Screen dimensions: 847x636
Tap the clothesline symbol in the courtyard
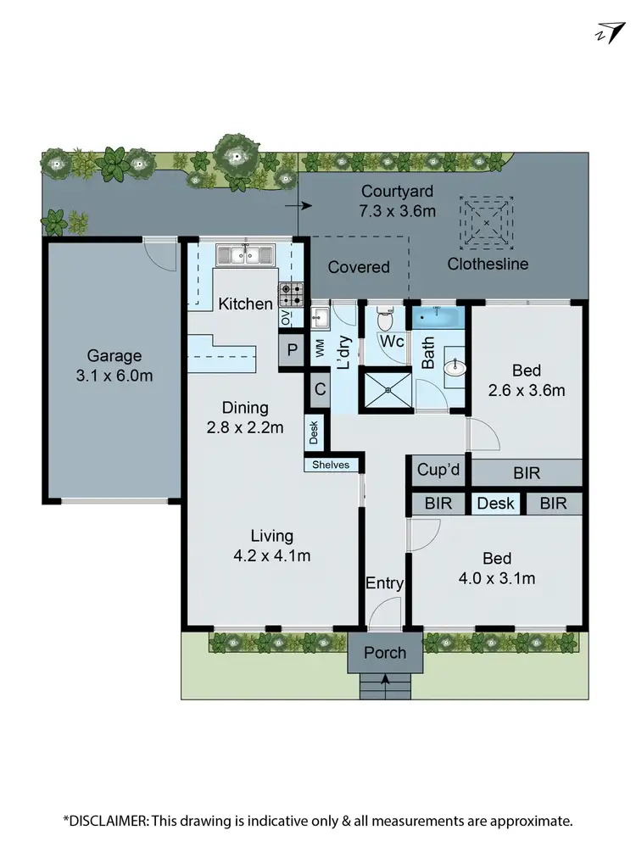486,222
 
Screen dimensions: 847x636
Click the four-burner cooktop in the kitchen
291,295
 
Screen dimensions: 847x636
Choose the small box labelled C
319,390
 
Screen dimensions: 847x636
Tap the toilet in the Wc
384,320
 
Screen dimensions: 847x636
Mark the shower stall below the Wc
388,390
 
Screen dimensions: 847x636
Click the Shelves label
331,465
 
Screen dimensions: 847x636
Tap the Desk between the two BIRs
496,504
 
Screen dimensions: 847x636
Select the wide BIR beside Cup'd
526,472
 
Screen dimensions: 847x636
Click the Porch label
385,652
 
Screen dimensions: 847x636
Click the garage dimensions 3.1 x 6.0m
114,375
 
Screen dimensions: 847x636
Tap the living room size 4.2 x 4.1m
271,556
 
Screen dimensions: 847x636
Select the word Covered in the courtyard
359,267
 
